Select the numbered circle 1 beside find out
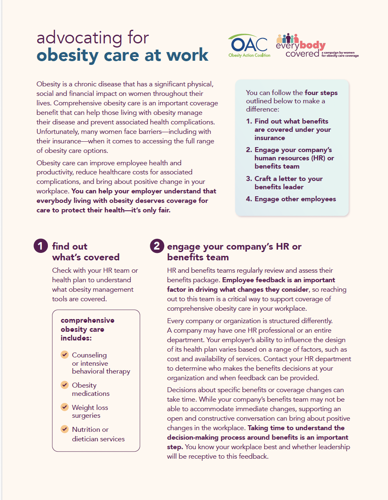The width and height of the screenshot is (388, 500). click(x=40, y=246)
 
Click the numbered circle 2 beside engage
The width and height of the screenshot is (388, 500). click(x=156, y=246)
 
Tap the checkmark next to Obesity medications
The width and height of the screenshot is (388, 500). click(x=64, y=385)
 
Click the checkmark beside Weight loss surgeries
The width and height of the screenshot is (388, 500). click(x=64, y=407)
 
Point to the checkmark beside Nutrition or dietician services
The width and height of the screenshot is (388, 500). click(x=64, y=429)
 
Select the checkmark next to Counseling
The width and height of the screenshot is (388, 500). click(x=64, y=355)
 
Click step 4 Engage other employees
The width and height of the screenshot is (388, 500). click(x=291, y=199)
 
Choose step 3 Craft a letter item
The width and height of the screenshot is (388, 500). click(x=285, y=183)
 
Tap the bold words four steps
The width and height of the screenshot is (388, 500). click(x=321, y=93)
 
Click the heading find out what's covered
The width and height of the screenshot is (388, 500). click(x=85, y=252)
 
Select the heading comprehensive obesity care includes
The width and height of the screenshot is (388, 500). click(x=88, y=329)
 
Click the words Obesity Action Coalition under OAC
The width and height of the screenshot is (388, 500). click(x=249, y=55)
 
